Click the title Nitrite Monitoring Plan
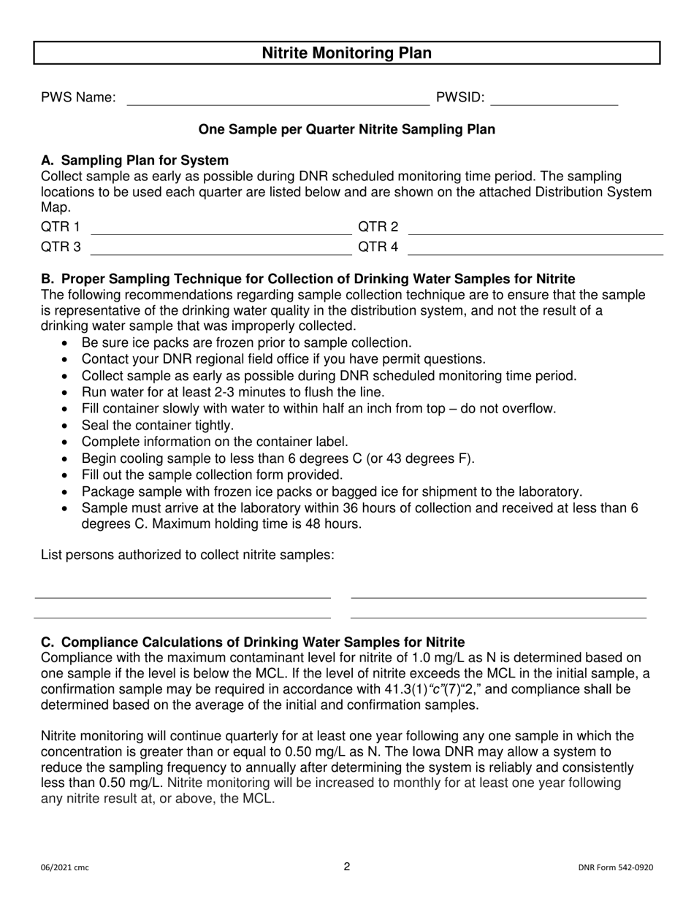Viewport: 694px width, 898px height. pyautogui.click(x=346, y=53)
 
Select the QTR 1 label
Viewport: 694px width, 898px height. pyautogui.click(x=61, y=227)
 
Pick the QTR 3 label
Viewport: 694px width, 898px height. pyautogui.click(x=61, y=247)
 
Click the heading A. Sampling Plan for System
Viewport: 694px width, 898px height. pyautogui.click(x=135, y=161)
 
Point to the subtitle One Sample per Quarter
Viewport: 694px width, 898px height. pyautogui.click(x=346, y=129)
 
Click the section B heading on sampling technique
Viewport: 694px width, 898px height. pyautogui.click(x=308, y=279)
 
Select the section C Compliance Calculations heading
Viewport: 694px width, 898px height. pyautogui.click(x=253, y=642)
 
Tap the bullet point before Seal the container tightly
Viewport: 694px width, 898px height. pyautogui.click(x=67, y=426)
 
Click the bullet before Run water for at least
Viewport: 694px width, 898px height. pyautogui.click(x=67, y=393)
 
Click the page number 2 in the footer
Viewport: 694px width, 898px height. pyautogui.click(x=347, y=867)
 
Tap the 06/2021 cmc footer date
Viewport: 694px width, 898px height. pyautogui.click(x=65, y=868)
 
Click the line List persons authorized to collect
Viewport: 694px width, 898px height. pyautogui.click(x=188, y=554)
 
